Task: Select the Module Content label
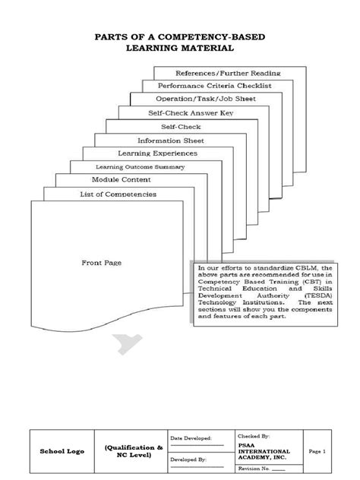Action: click(x=122, y=180)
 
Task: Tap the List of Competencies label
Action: click(x=118, y=194)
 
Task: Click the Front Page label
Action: click(x=103, y=263)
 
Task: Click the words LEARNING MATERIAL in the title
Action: click(x=180, y=49)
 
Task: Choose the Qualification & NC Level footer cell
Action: click(x=134, y=451)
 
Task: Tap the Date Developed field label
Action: click(x=191, y=439)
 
